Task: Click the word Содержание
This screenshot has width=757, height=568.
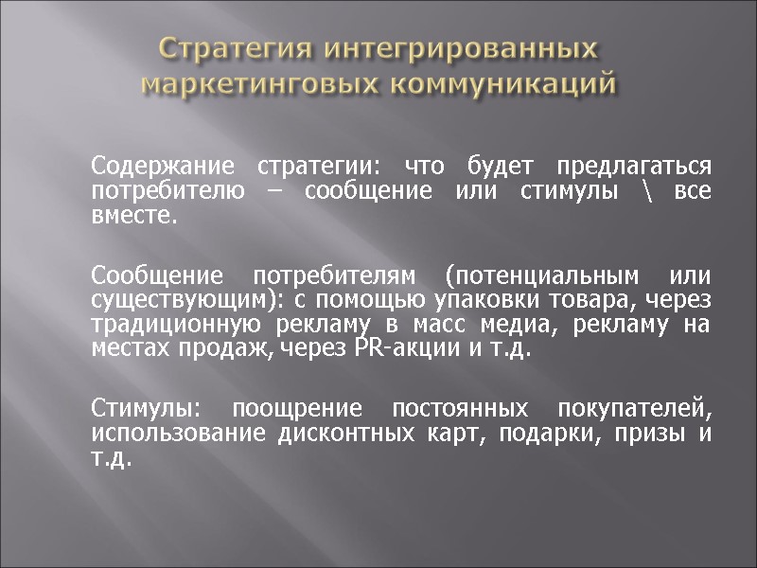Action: [x=162, y=167]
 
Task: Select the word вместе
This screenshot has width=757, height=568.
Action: [x=133, y=217]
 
